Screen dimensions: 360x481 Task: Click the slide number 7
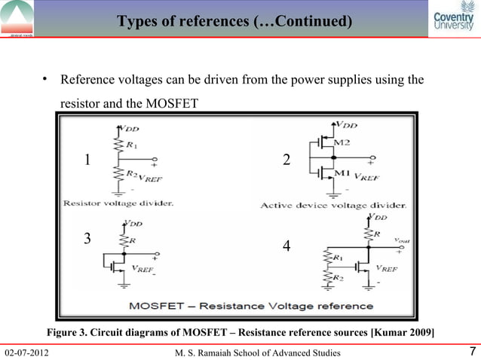pos(471,352)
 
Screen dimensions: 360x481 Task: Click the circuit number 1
pos(87,160)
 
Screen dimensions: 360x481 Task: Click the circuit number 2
pos(286,160)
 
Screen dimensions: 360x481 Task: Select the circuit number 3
pos(87,239)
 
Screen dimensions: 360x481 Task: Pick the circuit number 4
pos(286,246)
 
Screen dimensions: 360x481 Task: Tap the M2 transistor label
pos(342,142)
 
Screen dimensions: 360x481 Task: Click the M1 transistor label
pos(342,174)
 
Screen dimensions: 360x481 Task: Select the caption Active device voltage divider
pos(333,204)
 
